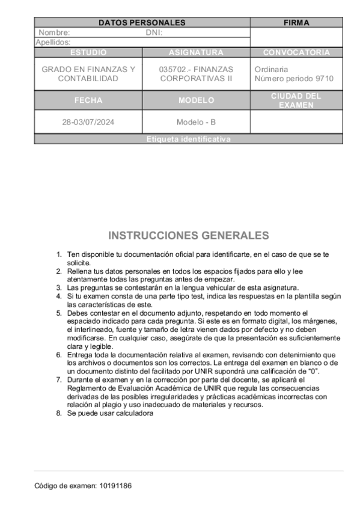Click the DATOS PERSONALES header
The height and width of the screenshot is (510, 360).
tap(142, 23)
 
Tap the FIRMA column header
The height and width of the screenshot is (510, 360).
tap(296, 23)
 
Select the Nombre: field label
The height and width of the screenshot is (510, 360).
tap(54, 32)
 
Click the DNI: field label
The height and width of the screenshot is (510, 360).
tap(154, 32)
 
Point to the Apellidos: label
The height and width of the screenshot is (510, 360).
tap(53, 42)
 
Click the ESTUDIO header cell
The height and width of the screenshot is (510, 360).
tap(88, 52)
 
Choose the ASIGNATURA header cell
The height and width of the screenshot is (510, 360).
tap(196, 52)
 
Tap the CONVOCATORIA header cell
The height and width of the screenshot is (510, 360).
tap(296, 52)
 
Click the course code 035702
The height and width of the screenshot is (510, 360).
tap(172, 69)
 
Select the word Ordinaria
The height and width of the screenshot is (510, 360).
tap(271, 69)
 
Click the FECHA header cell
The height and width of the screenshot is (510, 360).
tap(88, 100)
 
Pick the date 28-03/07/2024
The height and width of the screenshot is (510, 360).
tap(88, 122)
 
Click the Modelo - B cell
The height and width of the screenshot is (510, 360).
tap(196, 122)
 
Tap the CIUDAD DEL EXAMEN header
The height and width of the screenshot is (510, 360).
tap(296, 100)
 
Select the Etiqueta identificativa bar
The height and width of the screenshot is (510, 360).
tap(188, 140)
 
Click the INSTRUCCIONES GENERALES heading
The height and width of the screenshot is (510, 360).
tap(188, 235)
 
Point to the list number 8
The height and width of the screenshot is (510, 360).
tap(59, 413)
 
